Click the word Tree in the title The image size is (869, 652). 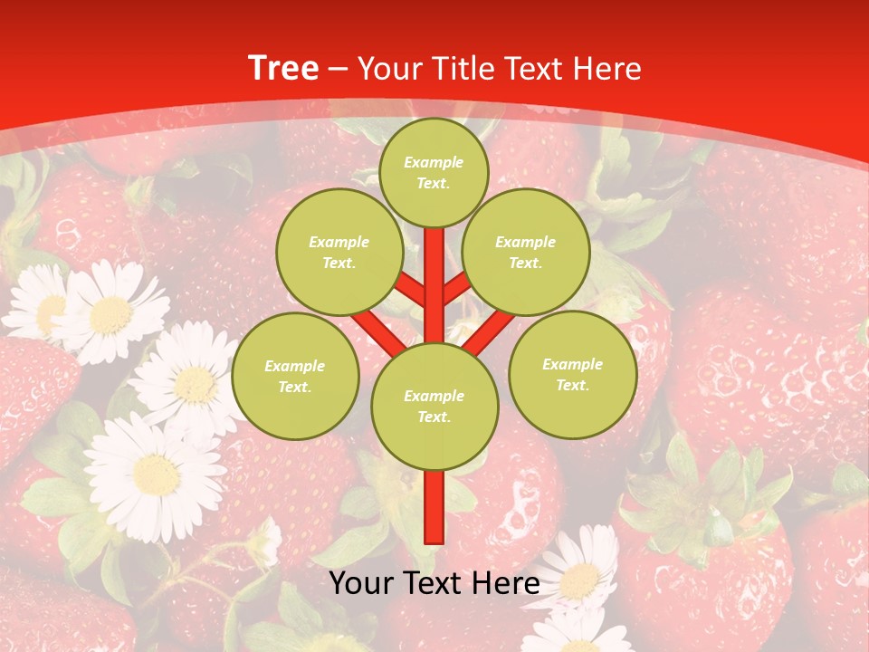click(283, 69)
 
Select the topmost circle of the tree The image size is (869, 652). click(434, 172)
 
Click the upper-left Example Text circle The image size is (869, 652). click(339, 252)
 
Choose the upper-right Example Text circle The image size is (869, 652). click(525, 252)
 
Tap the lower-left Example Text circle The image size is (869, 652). click(295, 376)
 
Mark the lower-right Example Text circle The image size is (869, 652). click(572, 374)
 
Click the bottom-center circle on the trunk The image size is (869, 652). click(434, 406)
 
